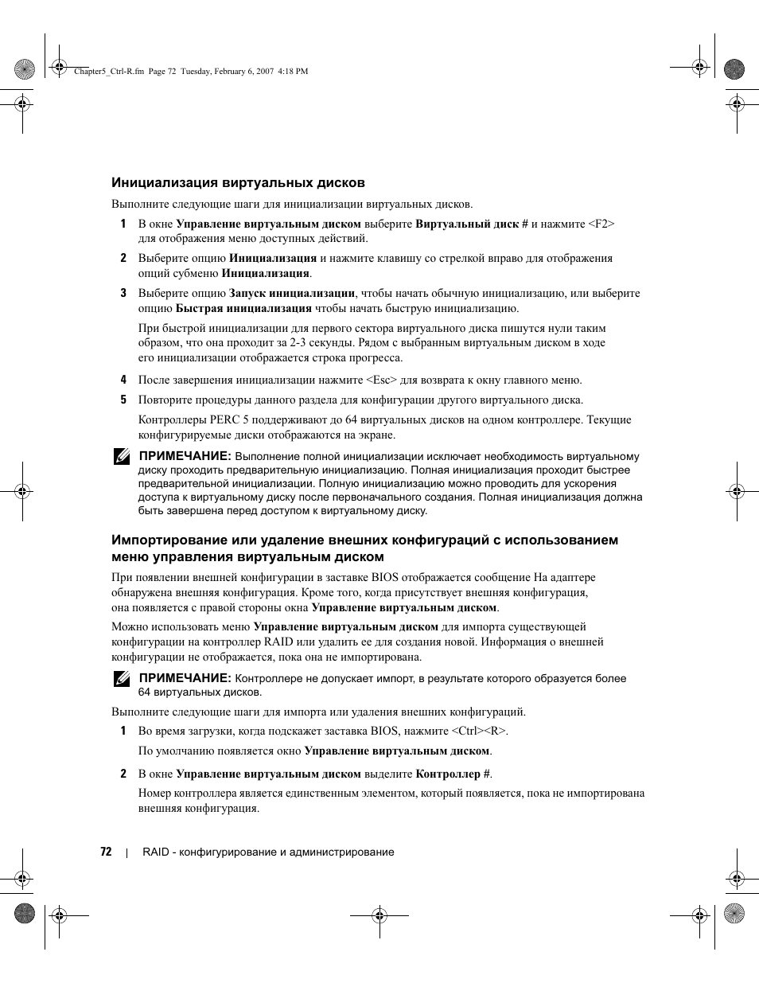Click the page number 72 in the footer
coord(106,852)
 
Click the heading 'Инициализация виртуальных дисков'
coord(238,182)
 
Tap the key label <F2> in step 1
coord(601,224)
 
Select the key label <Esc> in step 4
coord(382,380)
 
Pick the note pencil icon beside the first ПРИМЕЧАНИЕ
coord(121,457)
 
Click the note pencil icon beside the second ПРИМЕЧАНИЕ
coord(121,679)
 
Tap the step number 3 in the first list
coord(123,293)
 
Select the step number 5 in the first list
coord(123,400)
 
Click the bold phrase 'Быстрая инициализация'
coord(243,308)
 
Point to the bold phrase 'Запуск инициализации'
coord(292,293)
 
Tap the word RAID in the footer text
coord(155,852)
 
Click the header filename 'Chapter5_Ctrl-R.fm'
coord(108,71)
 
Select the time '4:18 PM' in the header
coord(293,71)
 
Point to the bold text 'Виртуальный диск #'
coord(472,224)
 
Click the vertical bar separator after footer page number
coord(127,852)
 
